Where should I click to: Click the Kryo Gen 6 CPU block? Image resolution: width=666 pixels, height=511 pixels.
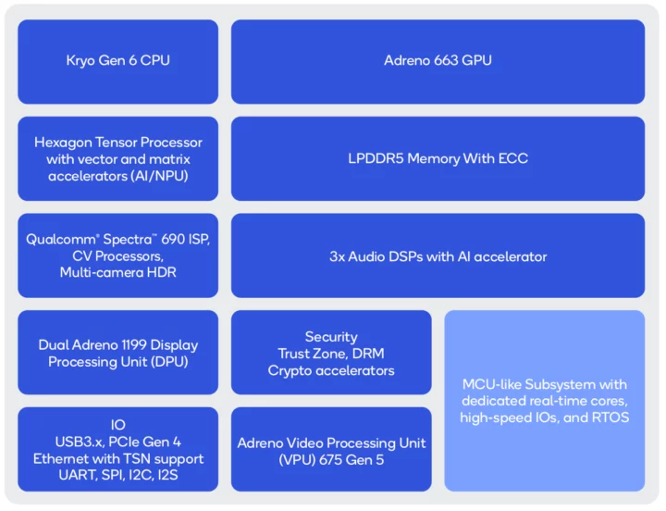click(x=117, y=61)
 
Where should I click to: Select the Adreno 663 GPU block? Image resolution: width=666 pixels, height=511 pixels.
click(x=438, y=61)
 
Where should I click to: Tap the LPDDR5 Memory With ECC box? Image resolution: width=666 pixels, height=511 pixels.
click(x=438, y=158)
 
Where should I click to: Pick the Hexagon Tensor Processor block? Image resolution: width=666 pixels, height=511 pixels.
click(x=117, y=158)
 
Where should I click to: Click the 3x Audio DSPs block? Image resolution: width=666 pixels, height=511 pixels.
click(x=438, y=256)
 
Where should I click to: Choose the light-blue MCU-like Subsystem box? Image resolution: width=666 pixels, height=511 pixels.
click(x=544, y=400)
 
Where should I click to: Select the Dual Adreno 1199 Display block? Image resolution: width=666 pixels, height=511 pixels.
click(x=117, y=353)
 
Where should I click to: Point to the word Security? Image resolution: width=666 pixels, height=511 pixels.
click(x=330, y=337)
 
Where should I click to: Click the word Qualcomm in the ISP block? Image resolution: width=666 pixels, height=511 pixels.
click(x=56, y=240)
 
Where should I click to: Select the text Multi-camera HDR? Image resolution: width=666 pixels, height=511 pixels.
click(x=117, y=272)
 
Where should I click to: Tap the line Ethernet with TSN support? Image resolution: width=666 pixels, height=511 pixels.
click(x=117, y=459)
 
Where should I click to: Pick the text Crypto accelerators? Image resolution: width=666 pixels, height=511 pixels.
click(x=330, y=370)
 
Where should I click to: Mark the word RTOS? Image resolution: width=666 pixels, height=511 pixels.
click(x=609, y=418)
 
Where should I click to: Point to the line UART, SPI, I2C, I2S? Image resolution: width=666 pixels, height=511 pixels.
click(x=117, y=475)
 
